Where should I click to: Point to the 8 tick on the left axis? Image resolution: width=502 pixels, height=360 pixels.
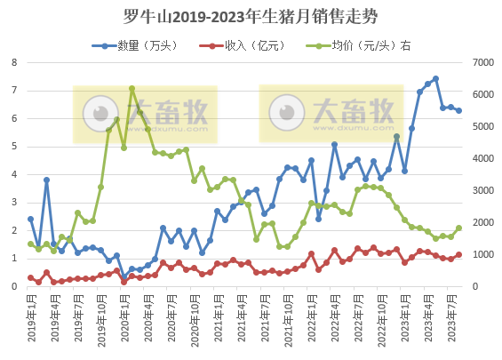point(15,62)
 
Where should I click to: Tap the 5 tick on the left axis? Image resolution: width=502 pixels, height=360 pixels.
point(15,147)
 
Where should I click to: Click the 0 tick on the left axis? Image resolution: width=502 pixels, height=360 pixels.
point(15,287)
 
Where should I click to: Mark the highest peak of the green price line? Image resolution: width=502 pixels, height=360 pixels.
point(131,89)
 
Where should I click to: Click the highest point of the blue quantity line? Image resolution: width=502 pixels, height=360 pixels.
point(435,78)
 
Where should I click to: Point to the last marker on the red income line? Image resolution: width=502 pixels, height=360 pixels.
point(458,254)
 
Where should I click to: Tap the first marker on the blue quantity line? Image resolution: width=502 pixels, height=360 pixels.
point(30,219)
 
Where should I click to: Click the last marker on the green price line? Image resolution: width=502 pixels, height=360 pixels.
point(458,228)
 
